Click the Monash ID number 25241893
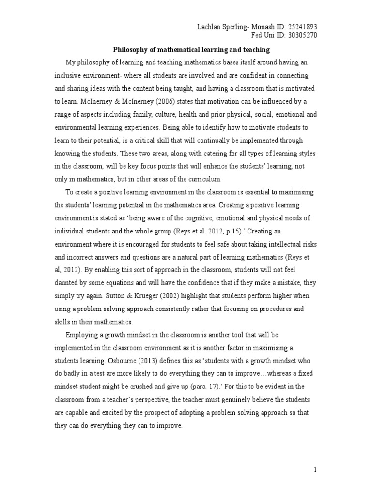[x=301, y=27]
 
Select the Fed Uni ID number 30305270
[x=301, y=35]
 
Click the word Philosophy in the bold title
[x=131, y=49]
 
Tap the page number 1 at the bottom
[x=315, y=469]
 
